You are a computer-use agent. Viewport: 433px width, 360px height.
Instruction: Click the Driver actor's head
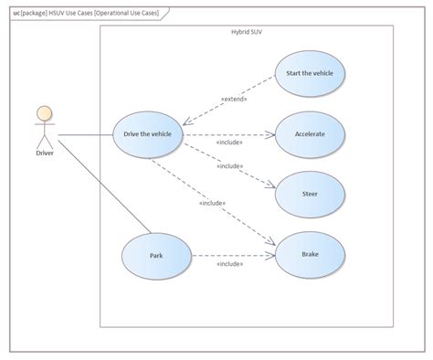pos(42,114)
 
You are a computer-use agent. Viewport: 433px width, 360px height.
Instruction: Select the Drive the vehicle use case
pos(147,135)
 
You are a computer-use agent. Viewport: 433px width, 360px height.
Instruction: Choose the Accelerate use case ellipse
pos(310,133)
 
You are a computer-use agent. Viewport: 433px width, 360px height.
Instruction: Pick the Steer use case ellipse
pos(310,194)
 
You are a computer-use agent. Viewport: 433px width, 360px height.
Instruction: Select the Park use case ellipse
pos(155,257)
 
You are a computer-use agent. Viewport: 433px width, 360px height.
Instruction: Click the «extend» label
pos(234,98)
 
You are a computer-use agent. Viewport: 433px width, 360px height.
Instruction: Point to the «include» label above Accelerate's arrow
pos(229,143)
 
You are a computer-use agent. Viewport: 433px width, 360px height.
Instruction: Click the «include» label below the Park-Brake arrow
pos(229,264)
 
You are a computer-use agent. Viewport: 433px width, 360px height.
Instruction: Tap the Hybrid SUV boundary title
pos(248,32)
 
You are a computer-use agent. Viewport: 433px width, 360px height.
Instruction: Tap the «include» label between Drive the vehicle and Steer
pos(229,166)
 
